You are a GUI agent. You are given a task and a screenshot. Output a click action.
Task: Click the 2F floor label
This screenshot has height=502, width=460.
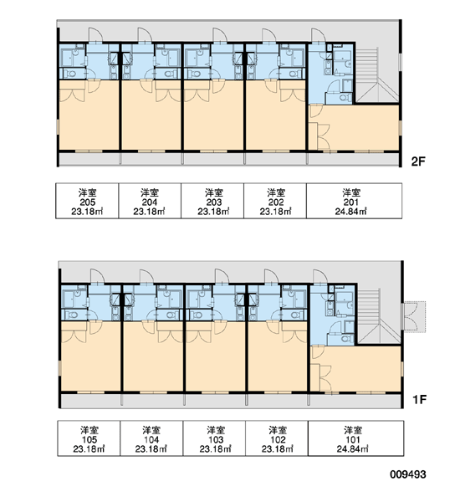[x=417, y=161]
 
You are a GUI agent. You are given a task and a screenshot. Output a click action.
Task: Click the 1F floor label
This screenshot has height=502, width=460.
[x=419, y=399]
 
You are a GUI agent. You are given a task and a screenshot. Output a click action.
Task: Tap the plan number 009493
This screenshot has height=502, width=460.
[x=408, y=474]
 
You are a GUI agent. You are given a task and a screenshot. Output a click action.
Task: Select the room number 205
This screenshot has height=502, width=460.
[x=87, y=202]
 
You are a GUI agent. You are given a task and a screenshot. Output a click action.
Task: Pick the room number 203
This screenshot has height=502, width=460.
[x=214, y=202]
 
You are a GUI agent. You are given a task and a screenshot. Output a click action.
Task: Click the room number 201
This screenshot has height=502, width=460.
[x=351, y=202]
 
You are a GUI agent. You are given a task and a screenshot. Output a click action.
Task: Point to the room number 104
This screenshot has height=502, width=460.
[x=151, y=439]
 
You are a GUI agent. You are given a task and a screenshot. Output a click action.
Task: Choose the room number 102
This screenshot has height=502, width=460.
[x=278, y=439]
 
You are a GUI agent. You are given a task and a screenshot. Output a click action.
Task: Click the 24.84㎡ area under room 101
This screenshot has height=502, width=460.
[x=353, y=448]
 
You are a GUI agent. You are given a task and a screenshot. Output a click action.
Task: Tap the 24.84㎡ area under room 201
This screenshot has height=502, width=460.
[x=351, y=212]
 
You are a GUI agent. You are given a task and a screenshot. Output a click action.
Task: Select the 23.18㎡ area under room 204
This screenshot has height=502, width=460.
[x=150, y=212]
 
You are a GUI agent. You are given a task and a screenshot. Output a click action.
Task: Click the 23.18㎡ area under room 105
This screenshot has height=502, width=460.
[x=89, y=448]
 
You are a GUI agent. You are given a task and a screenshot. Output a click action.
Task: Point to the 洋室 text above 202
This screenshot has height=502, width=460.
[x=276, y=192]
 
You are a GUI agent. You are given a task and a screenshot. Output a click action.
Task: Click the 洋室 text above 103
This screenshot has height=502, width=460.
[x=216, y=430]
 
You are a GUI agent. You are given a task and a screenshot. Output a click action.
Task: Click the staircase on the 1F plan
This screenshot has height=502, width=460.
[x=378, y=316]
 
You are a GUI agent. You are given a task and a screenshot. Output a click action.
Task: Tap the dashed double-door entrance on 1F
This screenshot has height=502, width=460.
[x=414, y=316]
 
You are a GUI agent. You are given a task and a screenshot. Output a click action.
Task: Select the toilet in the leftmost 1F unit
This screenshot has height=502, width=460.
[x=74, y=315]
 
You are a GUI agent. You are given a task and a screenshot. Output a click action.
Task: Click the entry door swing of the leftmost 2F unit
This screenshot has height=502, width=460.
[x=96, y=34]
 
